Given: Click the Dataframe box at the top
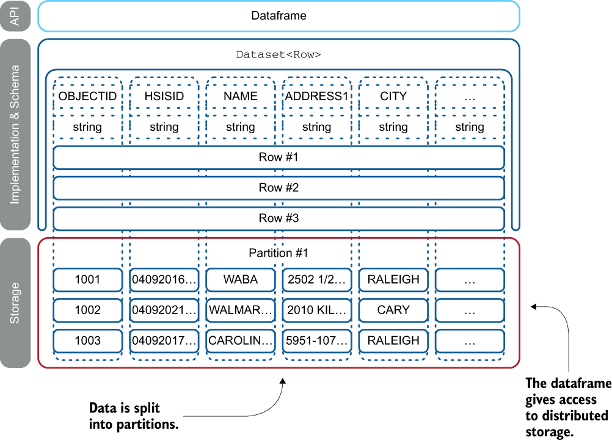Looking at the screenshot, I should tap(279, 16).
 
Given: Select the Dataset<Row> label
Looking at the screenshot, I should tap(279, 54).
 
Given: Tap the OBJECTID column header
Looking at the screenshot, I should tap(87, 96).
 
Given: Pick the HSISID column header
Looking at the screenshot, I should tap(164, 96).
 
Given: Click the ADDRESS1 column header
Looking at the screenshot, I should tap(316, 96).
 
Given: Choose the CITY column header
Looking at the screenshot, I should tap(393, 96).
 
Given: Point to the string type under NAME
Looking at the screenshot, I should tap(240, 127).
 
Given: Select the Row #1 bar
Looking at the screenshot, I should tap(279, 157).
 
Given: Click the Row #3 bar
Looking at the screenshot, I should tap(279, 218).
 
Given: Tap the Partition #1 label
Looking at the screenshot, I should tap(279, 253).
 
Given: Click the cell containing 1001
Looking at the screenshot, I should tap(87, 279).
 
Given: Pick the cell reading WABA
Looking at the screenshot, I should tap(240, 279).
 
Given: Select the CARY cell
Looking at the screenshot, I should tap(393, 310).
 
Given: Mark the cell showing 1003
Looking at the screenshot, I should tap(87, 340).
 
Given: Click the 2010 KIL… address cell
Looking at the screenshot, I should tap(316, 310).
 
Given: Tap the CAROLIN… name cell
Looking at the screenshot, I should tap(240, 340).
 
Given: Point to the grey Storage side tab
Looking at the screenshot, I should tap(15, 302).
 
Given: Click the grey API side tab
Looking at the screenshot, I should tap(15, 16).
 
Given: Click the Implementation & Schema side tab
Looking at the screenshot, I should tap(15, 134).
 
